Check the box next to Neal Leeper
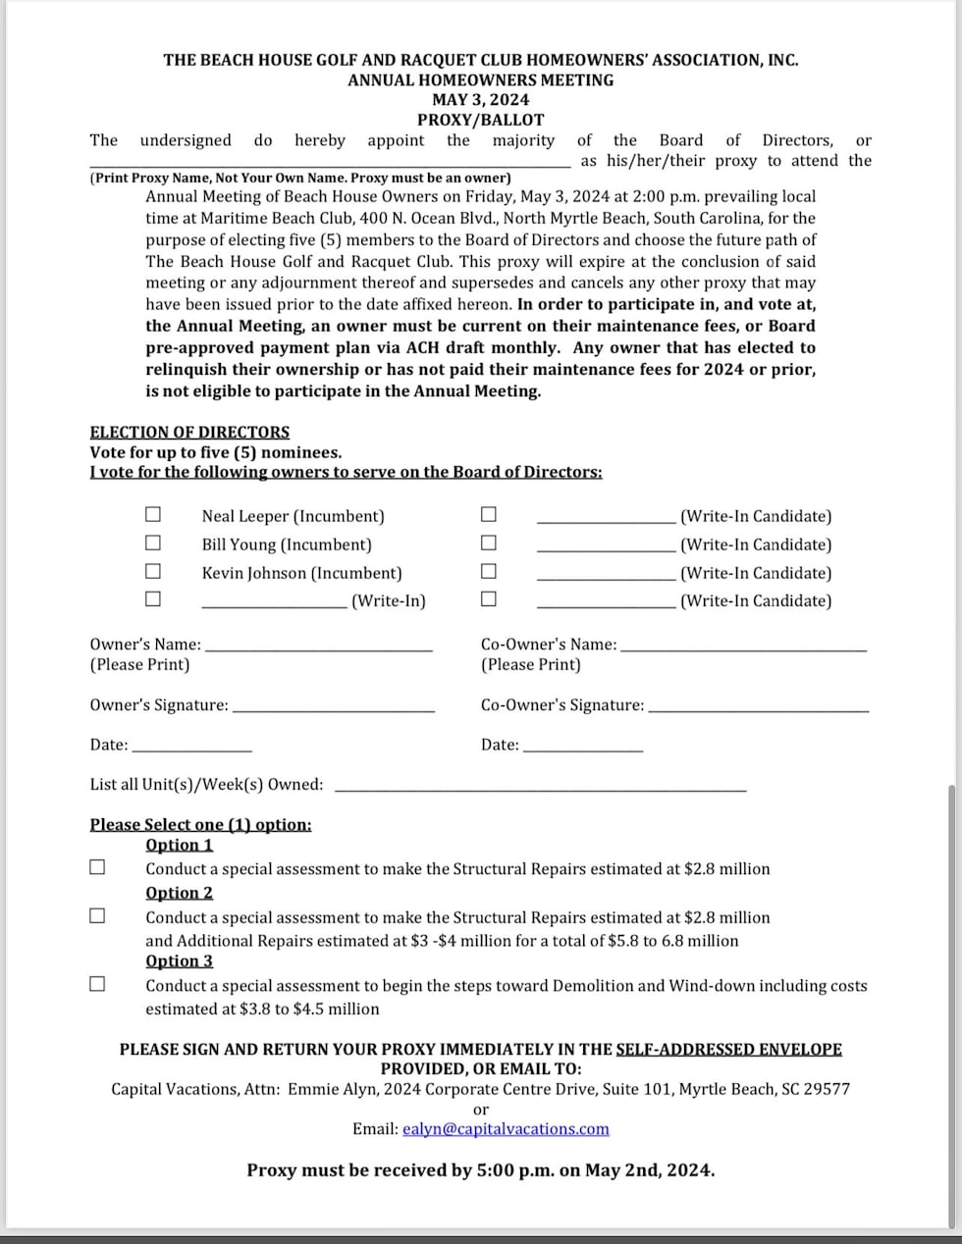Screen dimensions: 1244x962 coord(153,514)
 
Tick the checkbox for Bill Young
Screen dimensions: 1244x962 coord(153,543)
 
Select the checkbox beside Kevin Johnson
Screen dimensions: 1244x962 coord(153,571)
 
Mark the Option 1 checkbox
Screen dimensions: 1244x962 coord(97,867)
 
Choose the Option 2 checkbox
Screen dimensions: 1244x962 coord(97,916)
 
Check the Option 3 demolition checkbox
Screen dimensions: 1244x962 coord(97,984)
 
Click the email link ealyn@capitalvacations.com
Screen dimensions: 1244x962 coord(506,1128)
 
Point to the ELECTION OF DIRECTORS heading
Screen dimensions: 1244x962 coord(189,432)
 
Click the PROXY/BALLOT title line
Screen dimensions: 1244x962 coord(480,120)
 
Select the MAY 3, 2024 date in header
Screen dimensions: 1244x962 coord(480,99)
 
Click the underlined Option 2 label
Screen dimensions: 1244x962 coord(179,893)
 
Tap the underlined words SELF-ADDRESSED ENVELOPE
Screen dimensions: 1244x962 coord(728,1049)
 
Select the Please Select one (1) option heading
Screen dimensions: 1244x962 coord(200,824)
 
